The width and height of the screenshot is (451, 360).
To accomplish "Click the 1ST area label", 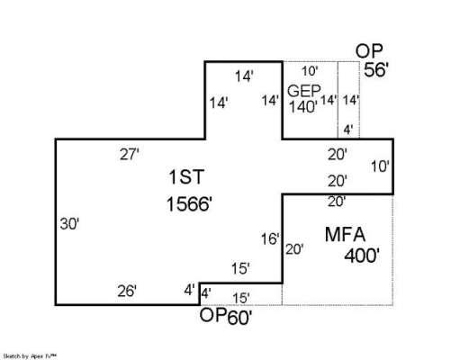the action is point(186,176).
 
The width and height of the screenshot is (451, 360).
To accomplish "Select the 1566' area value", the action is point(189,204).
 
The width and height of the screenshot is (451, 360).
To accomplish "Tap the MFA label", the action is point(345,234).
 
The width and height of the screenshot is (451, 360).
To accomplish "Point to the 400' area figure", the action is point(362,256).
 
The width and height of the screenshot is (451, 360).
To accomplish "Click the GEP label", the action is point(304,91).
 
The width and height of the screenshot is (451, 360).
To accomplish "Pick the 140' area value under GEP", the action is point(303,106).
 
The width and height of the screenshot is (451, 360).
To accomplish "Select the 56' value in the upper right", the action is point(376,70).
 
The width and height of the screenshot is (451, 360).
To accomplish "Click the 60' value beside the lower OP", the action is point(239,318).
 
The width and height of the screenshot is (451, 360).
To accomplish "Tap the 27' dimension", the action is point(130,155).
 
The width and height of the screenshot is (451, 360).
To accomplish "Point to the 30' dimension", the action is point(69,224).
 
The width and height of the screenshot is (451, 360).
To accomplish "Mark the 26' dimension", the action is point(127,291).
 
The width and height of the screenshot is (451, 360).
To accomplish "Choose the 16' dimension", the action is point(270,239).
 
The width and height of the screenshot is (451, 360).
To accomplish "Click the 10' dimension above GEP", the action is point(310,71).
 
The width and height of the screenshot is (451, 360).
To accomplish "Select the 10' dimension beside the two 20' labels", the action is point(380,166).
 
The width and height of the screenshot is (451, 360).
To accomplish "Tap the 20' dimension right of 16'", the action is point(294,249).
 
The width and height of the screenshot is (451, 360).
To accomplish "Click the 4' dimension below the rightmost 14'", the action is point(347,130).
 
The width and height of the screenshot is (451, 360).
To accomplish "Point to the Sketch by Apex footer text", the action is point(30,356).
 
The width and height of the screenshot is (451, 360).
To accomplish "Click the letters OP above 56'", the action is point(369,51).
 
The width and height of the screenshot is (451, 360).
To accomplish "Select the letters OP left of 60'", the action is point(213,315).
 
